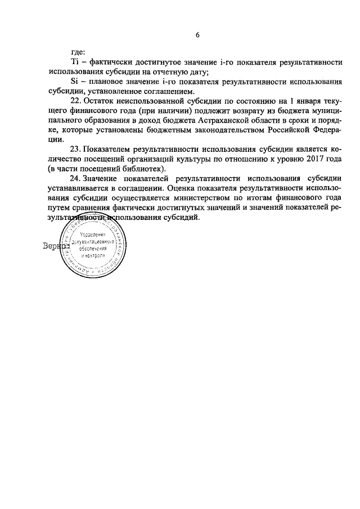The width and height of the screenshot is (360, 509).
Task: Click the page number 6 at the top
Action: click(x=197, y=35)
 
